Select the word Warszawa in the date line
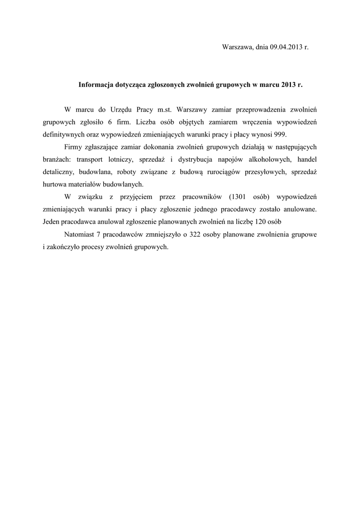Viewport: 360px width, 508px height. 237,48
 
